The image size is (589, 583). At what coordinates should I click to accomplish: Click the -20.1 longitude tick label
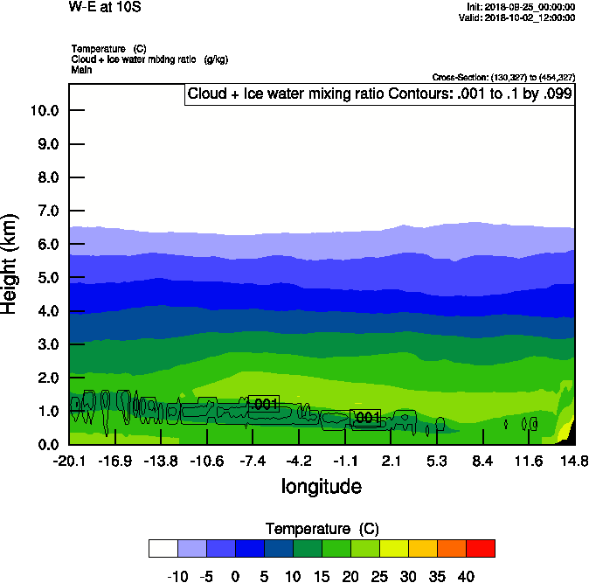(x=68, y=462)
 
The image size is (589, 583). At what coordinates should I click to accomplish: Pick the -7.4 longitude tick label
(x=253, y=462)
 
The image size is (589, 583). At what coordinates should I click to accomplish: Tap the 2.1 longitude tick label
(x=392, y=462)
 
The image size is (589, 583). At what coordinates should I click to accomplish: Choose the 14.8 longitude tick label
(x=574, y=462)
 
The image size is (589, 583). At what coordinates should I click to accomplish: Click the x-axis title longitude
(x=321, y=486)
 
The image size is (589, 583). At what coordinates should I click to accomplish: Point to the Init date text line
(x=521, y=7)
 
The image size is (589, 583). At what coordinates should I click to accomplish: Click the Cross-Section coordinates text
(x=503, y=77)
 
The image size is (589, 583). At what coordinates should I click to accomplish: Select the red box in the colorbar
(x=480, y=548)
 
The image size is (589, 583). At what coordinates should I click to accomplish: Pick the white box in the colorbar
(x=163, y=548)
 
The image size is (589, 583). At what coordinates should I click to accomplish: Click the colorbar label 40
(x=466, y=577)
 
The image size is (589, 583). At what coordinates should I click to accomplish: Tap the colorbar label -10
(x=177, y=577)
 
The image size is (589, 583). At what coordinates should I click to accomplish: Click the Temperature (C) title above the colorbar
(x=322, y=529)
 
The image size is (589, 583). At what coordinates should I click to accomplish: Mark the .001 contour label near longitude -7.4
(x=263, y=404)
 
